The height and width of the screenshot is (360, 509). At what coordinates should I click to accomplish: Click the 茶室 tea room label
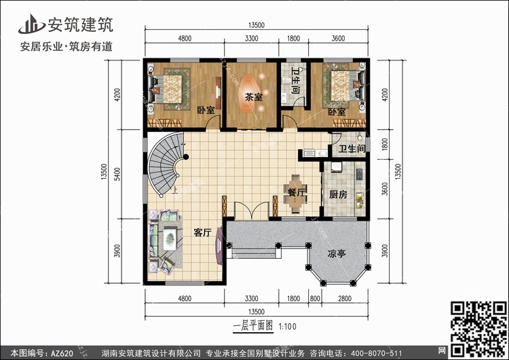(x=254, y=97)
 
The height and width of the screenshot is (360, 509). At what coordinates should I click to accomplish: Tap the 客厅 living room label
(x=202, y=232)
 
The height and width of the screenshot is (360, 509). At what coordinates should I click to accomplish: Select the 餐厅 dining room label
(x=297, y=192)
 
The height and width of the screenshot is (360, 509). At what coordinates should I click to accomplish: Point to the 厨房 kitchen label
(x=338, y=195)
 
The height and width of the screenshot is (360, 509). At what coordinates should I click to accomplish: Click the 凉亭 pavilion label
(x=337, y=253)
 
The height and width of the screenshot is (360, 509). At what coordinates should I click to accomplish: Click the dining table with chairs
(x=295, y=194)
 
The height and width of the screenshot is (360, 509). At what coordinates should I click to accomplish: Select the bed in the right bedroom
(x=343, y=86)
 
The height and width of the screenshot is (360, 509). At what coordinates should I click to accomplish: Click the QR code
(x=478, y=328)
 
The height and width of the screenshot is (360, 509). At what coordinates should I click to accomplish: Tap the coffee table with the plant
(x=170, y=239)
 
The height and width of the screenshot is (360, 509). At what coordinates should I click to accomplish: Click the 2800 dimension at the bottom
(x=344, y=298)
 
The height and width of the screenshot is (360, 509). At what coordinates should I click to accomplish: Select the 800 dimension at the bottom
(x=315, y=298)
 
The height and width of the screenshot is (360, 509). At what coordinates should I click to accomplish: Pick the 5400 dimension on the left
(x=117, y=174)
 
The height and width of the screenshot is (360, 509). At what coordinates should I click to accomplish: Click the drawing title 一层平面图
(x=253, y=326)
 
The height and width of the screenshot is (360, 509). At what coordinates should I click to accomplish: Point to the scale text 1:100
(x=288, y=327)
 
